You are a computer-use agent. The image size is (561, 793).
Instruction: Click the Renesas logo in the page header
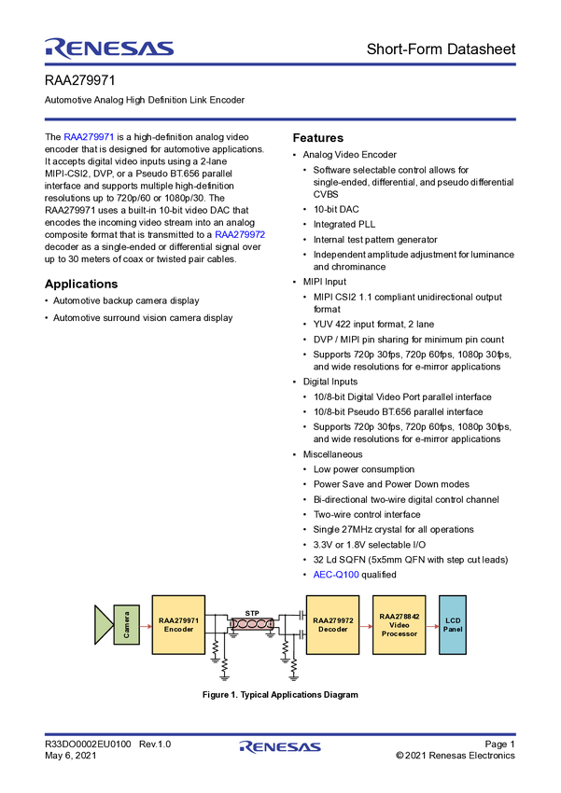pyautogui.click(x=109, y=48)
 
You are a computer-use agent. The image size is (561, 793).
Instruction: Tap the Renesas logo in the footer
pyautogui.click(x=280, y=747)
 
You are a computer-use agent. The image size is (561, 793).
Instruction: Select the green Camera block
pyautogui.click(x=126, y=625)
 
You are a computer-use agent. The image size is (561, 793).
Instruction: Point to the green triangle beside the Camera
pyautogui.click(x=103, y=625)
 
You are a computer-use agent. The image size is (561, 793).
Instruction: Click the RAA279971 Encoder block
pyautogui.click(x=178, y=624)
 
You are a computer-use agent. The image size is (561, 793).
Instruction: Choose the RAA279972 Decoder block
pyautogui.click(x=332, y=624)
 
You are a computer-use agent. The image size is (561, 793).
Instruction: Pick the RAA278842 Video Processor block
pyautogui.click(x=399, y=624)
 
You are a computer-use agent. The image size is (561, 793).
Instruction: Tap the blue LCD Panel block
pyautogui.click(x=453, y=624)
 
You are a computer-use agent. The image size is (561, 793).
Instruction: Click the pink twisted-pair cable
pyautogui.click(x=251, y=623)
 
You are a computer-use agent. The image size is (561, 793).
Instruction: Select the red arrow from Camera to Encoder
pyautogui.click(x=146, y=625)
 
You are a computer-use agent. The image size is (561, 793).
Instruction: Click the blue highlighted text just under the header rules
pyautogui.click(x=90, y=138)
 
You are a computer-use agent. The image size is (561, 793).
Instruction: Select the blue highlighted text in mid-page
pyautogui.click(x=241, y=234)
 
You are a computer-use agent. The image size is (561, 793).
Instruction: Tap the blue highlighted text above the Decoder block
pyautogui.click(x=335, y=574)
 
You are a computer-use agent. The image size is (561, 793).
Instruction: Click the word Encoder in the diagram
pyautogui.click(x=178, y=630)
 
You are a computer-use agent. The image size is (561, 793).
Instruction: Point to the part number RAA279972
pyautogui.click(x=332, y=619)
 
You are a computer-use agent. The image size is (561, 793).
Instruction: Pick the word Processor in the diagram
pyautogui.click(x=399, y=633)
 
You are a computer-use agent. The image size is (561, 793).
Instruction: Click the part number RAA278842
pyautogui.click(x=399, y=616)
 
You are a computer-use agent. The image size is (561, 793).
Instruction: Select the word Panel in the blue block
pyautogui.click(x=453, y=629)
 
